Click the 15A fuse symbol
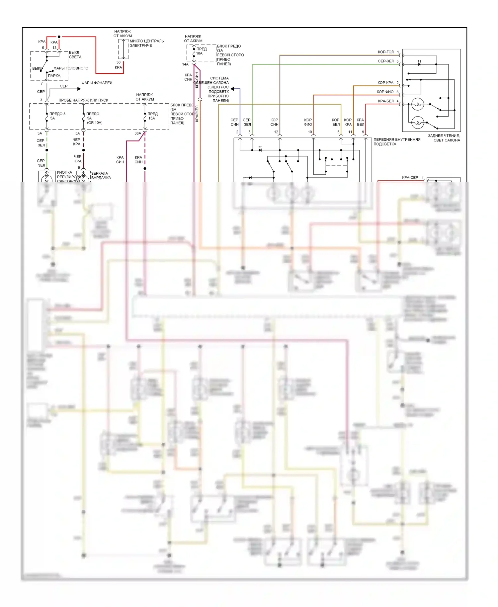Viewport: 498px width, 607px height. [145, 117]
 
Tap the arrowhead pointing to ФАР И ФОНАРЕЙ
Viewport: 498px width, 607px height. [79, 89]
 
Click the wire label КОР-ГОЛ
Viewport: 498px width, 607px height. [385, 52]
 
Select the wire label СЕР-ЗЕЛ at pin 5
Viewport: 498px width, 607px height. [385, 61]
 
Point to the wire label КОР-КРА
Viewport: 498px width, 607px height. [385, 83]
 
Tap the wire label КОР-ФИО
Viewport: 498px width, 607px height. [385, 92]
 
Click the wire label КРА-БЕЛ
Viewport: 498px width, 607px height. [385, 101]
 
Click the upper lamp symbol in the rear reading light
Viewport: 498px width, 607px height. [417, 105]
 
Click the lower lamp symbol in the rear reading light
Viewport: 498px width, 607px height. [417, 123]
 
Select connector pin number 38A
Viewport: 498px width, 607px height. [137, 133]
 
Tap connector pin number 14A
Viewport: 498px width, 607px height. [185, 64]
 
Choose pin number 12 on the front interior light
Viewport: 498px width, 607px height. [276, 132]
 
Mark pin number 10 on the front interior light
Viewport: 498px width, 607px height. [310, 132]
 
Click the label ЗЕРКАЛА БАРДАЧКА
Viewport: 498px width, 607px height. [101, 175]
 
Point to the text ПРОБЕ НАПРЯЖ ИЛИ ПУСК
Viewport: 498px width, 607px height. [83, 100]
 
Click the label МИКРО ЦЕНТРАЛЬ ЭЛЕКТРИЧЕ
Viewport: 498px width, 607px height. [146, 43]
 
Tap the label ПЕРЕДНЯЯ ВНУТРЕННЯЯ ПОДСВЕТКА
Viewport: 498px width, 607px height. [397, 142]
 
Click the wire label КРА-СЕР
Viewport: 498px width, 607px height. [410, 178]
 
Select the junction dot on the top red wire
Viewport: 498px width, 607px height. [59, 37]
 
